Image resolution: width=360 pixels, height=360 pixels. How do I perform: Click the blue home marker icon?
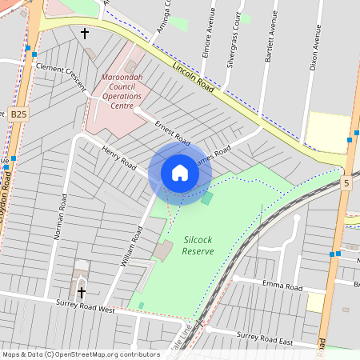[180, 173]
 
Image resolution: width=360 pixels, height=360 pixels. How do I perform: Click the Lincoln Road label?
[192, 77]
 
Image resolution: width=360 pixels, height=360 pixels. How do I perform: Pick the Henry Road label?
[118, 157]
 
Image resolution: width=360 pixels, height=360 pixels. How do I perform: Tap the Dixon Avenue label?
[316, 49]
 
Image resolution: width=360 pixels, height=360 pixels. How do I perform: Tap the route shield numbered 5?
[346, 183]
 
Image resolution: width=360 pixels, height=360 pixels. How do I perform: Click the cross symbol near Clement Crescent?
[85, 34]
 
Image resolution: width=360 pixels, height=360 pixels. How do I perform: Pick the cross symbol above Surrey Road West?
[81, 292]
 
